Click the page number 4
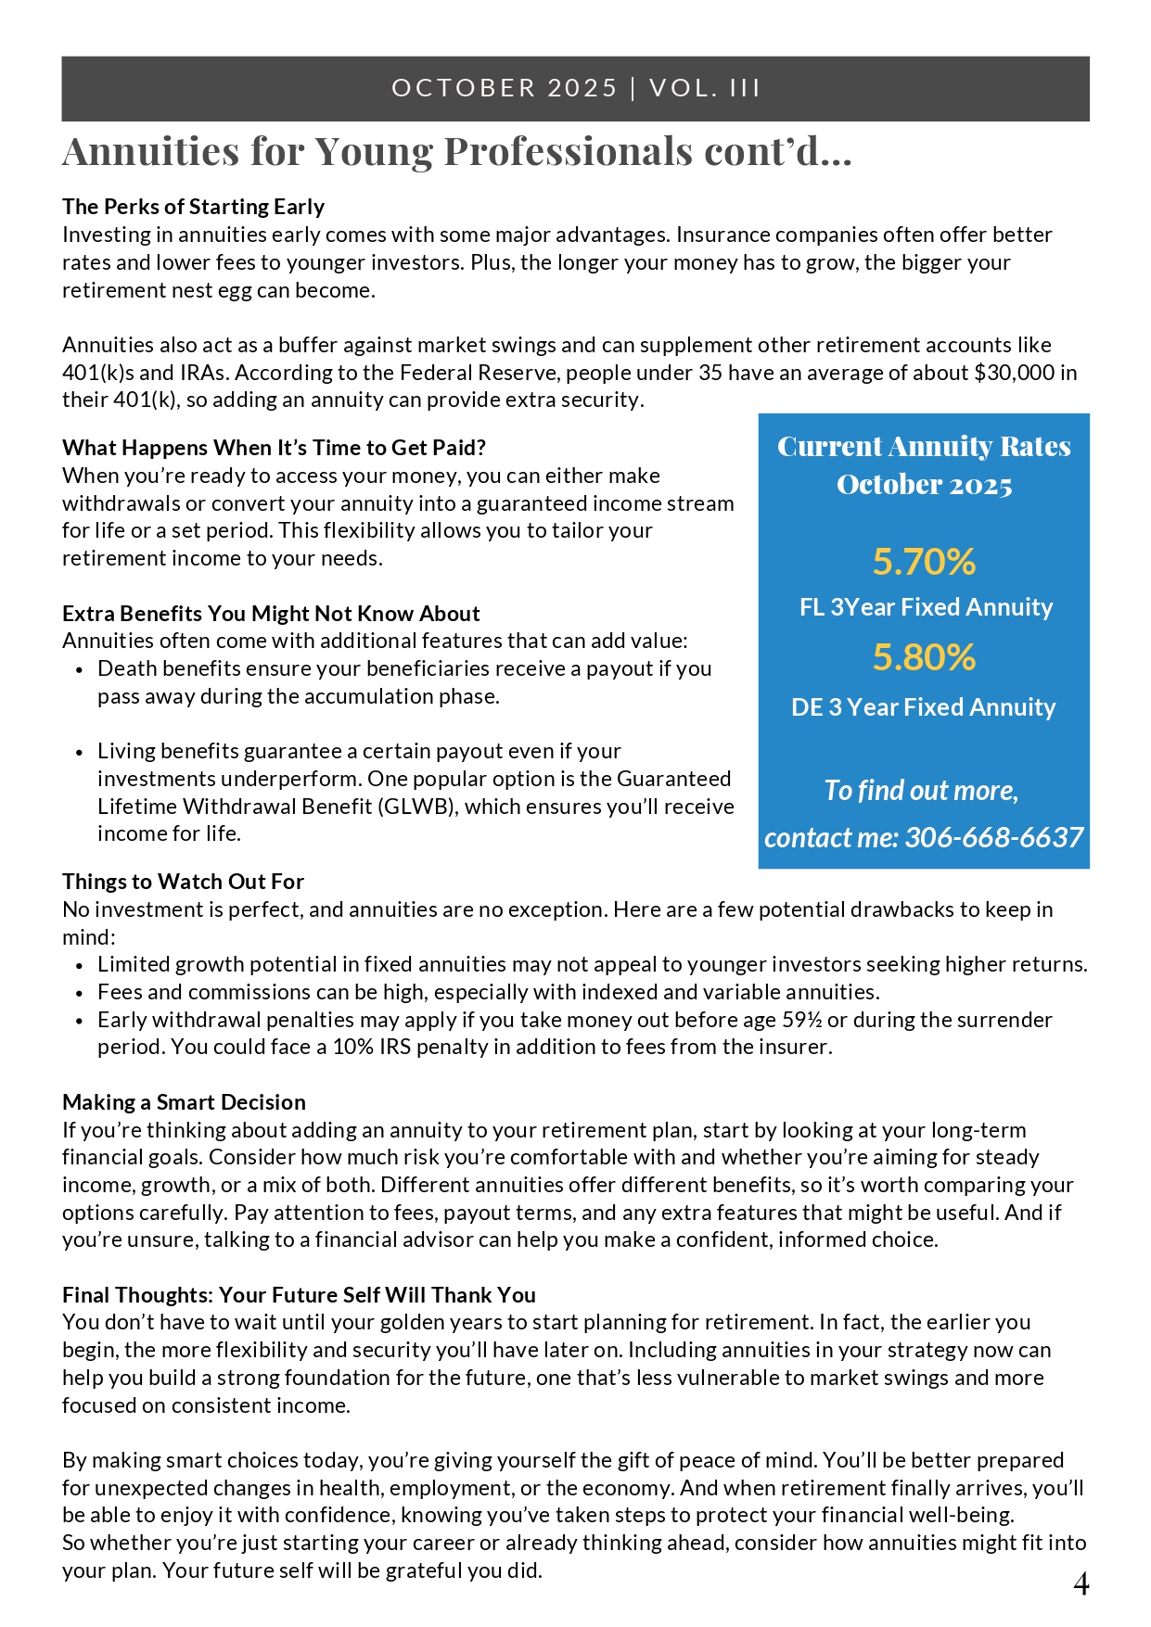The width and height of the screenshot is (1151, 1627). click(1081, 1584)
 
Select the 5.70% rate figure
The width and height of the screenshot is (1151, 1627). click(924, 562)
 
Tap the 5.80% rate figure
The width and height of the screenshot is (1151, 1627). click(924, 657)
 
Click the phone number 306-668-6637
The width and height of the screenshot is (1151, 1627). click(993, 837)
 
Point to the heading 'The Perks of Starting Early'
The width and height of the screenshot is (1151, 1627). click(193, 207)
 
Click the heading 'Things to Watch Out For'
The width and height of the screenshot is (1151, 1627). click(183, 882)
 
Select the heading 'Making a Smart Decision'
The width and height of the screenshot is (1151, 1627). click(184, 1102)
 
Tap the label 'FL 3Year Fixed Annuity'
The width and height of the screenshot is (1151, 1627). click(926, 607)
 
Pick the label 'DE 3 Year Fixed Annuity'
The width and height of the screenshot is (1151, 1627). click(923, 707)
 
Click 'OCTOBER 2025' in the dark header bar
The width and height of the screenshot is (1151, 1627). click(505, 88)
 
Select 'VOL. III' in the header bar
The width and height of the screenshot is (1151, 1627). click(705, 88)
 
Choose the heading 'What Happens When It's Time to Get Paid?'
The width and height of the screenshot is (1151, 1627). click(274, 448)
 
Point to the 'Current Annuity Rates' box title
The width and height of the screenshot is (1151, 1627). click(924, 447)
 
